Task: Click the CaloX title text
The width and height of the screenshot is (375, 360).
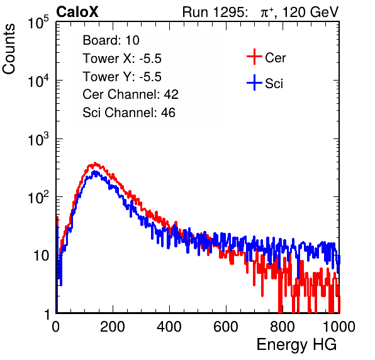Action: (77, 12)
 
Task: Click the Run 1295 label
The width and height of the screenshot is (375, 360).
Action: (215, 12)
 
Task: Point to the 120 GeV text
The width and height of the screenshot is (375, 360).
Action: (310, 12)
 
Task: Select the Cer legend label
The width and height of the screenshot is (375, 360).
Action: (275, 58)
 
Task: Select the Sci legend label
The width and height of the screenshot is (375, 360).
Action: (274, 84)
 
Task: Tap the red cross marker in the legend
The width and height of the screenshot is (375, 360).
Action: (254, 57)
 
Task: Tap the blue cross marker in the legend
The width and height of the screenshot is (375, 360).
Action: (254, 82)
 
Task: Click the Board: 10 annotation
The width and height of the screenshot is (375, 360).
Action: (111, 40)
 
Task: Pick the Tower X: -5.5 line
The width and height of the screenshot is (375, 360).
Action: (122, 59)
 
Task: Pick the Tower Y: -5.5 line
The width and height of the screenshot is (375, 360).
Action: (122, 77)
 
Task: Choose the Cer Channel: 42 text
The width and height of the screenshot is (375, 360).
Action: (131, 94)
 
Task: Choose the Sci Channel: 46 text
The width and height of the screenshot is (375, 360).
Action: (129, 113)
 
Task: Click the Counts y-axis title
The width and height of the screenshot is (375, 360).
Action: (9, 49)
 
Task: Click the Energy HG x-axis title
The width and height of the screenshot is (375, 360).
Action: (296, 345)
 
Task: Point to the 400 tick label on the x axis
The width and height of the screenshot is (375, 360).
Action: (169, 327)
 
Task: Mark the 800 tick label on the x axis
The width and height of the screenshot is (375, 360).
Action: (283, 327)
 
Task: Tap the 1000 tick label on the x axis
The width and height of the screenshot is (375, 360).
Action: (339, 327)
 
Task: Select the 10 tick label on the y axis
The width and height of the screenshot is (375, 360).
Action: (41, 256)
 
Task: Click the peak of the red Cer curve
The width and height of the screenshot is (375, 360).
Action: (95, 163)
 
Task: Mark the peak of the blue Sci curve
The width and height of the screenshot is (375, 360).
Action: (95, 171)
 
